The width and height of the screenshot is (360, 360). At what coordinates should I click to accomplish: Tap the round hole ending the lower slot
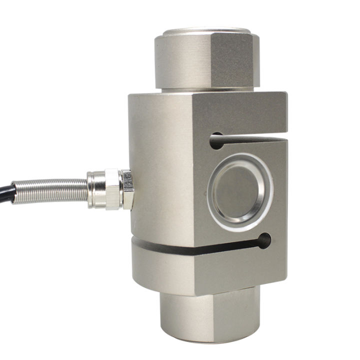(x=264, y=241)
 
